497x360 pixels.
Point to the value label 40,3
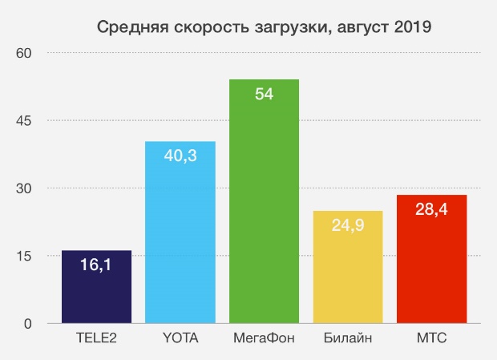180,156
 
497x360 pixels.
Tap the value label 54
264,95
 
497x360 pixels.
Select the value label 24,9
348,225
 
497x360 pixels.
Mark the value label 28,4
431,210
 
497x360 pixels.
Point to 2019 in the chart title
412,28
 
